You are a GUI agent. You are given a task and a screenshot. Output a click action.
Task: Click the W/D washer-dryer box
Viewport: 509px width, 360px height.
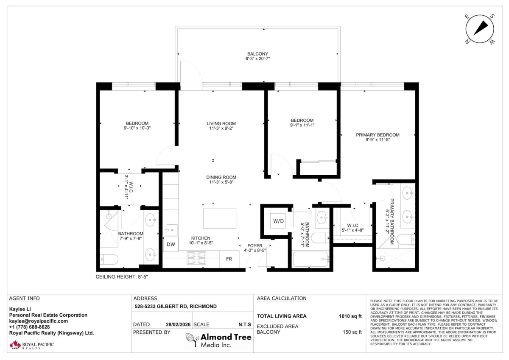point(278,221)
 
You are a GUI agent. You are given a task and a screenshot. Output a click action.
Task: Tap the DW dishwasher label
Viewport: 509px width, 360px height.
point(171,244)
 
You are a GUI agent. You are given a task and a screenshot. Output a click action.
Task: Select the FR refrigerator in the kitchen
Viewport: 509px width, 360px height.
point(229,259)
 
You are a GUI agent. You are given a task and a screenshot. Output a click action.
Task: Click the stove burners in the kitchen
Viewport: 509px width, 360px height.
point(196,258)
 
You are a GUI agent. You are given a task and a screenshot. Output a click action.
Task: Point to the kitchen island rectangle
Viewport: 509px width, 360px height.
point(220,218)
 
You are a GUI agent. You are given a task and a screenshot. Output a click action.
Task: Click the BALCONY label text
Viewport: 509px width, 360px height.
point(258,54)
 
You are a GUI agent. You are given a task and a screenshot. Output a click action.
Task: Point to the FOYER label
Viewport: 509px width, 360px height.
point(255,246)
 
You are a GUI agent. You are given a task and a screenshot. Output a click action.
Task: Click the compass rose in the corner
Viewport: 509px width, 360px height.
point(480,29)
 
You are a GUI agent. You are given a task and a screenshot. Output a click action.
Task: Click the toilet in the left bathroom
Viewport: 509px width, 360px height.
point(108,258)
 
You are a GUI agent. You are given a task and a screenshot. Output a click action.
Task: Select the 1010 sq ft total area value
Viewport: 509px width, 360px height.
point(351,316)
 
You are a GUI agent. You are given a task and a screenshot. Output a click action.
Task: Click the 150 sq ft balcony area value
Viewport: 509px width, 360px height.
point(352,332)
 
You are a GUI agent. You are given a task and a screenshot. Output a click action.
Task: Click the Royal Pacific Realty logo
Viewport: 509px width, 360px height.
point(32,345)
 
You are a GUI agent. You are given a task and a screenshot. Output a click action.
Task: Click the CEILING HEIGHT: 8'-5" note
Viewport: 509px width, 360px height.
point(121,276)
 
